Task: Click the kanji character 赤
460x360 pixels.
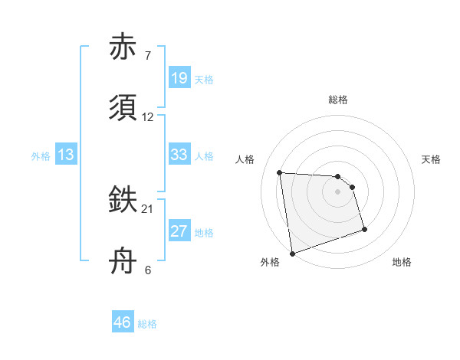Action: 124,48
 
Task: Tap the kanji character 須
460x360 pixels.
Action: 124,108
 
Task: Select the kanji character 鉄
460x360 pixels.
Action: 124,200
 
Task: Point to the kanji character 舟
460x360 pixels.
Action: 124,260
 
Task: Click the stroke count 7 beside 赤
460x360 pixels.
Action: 147,57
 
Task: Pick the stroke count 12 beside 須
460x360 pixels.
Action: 148,117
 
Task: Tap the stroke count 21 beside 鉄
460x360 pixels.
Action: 148,209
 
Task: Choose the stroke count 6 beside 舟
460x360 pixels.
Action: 147,270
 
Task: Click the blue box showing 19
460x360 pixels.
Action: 179,78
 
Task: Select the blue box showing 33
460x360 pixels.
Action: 179,155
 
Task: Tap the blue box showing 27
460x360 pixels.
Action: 179,231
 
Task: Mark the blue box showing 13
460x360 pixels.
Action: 65,155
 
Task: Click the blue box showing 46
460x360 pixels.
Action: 122,322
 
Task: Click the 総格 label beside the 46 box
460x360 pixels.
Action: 147,324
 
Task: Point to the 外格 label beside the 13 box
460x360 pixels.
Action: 41,156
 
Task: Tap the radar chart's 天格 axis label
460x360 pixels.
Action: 431,159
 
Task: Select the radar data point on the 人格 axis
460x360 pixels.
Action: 280,172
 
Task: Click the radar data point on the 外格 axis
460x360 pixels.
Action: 292,253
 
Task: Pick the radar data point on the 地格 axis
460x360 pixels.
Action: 364,229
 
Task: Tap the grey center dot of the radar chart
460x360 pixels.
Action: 337,191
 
